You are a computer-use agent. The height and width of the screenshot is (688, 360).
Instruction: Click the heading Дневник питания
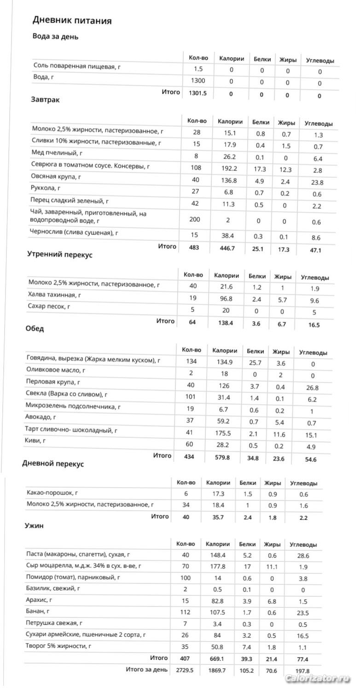click(72, 20)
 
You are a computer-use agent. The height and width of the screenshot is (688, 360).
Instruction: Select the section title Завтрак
click(45, 99)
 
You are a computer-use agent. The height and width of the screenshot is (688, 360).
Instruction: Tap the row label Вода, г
click(44, 77)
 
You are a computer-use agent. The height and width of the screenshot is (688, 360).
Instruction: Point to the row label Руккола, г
click(47, 188)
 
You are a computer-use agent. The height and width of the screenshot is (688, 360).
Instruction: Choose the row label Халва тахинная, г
click(54, 295)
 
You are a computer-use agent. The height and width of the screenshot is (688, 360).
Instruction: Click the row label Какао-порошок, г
click(52, 493)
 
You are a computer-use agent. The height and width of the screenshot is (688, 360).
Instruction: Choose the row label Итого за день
click(146, 670)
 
